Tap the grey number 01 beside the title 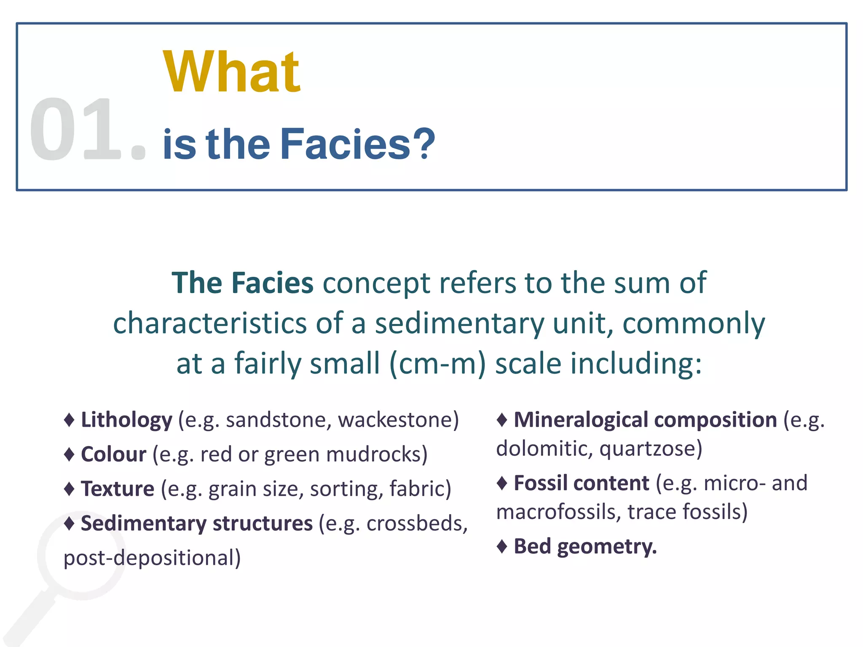coord(72,129)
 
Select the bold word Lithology coord(126,420)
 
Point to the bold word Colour coord(113,455)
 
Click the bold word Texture coord(118,489)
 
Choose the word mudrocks coord(377,455)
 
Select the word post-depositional coord(152,558)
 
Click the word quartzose coord(651,449)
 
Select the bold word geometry coord(607,547)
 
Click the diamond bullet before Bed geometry coord(502,547)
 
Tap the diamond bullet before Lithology coord(69,420)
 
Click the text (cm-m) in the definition coord(438,364)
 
